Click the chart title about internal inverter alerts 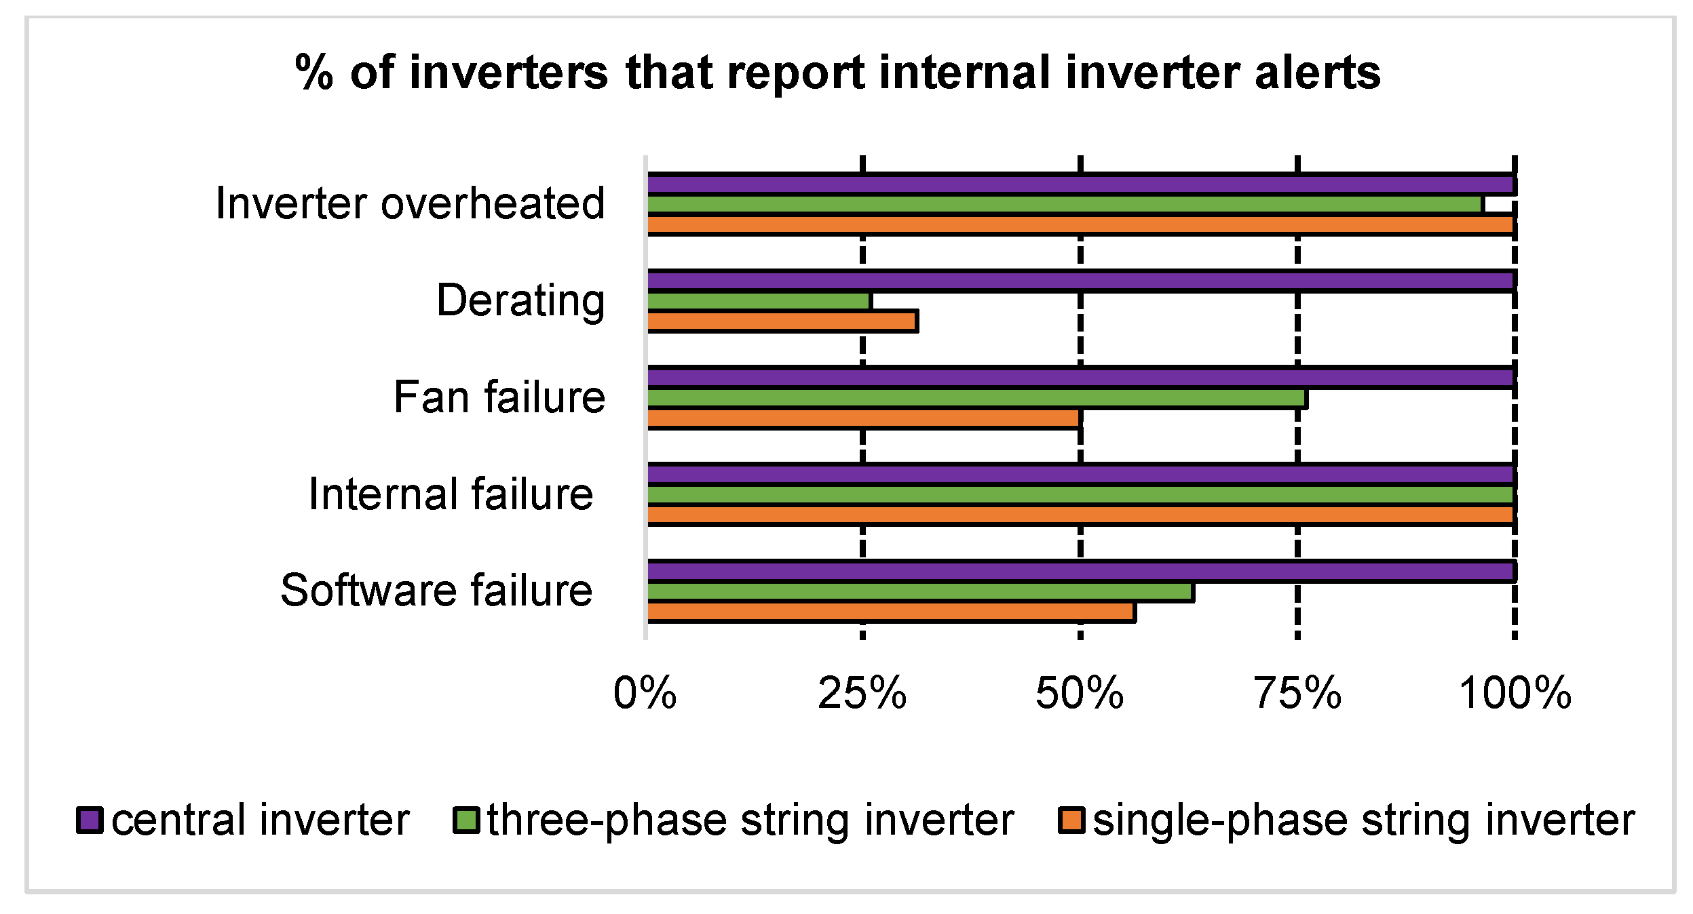[838, 72]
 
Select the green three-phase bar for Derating [759, 301]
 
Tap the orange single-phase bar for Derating [783, 321]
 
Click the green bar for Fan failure [977, 398]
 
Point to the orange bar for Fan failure [864, 418]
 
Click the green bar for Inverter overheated [1065, 204]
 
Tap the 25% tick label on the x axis [862, 694]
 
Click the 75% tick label [1297, 694]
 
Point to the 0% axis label [645, 694]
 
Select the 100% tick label [1515, 694]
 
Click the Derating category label [520, 300]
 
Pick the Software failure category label [436, 590]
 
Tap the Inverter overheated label [410, 203]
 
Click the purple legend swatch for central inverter [90, 820]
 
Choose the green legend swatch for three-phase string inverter [466, 820]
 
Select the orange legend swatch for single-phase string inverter [1071, 820]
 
